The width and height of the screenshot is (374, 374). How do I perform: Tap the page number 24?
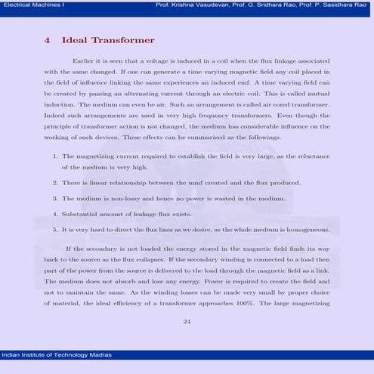187,321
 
